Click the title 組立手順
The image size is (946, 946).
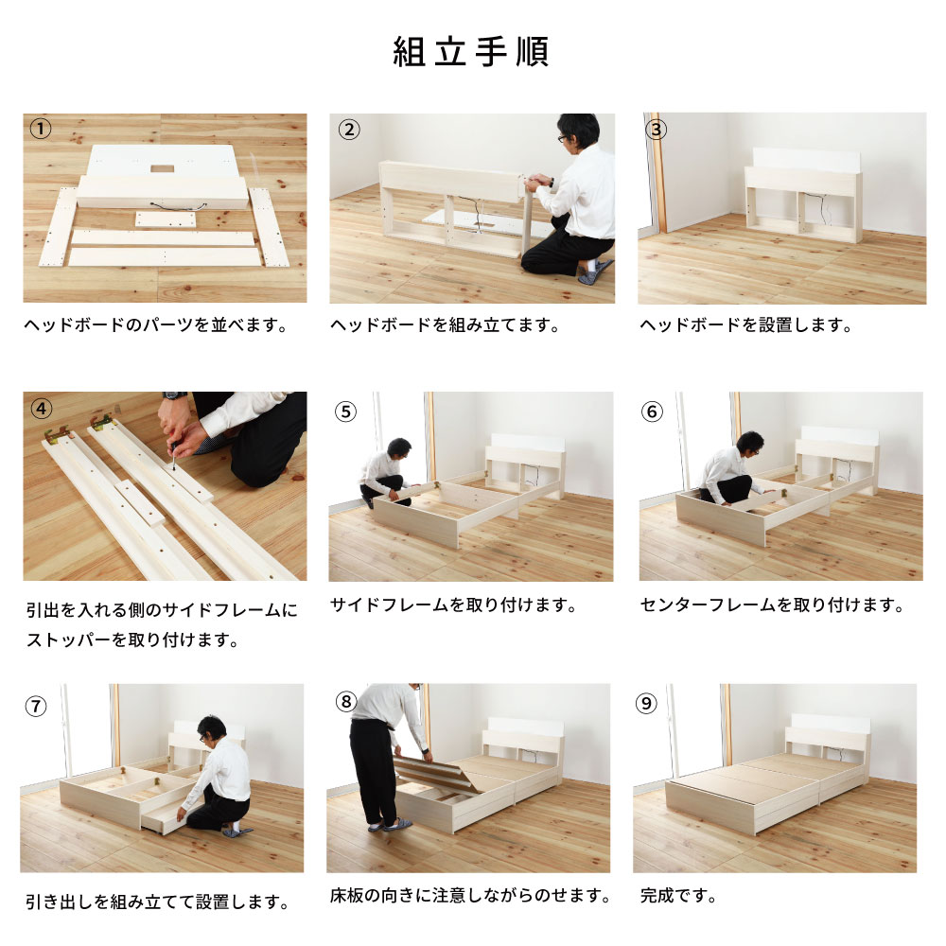[470, 51]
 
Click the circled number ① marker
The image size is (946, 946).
[41, 129]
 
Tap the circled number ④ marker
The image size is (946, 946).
[41, 409]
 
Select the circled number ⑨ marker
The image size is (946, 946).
[646, 703]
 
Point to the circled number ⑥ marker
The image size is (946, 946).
[652, 412]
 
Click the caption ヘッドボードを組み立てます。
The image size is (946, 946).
[445, 325]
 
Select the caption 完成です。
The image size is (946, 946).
[678, 895]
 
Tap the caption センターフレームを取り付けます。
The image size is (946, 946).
[772, 604]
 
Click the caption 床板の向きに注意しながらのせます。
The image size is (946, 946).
[470, 895]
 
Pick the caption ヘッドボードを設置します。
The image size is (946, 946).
[745, 325]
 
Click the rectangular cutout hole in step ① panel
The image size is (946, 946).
[163, 168]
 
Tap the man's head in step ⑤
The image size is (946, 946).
[399, 448]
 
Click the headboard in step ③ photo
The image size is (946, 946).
[803, 194]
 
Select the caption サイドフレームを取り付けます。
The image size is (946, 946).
[453, 604]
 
